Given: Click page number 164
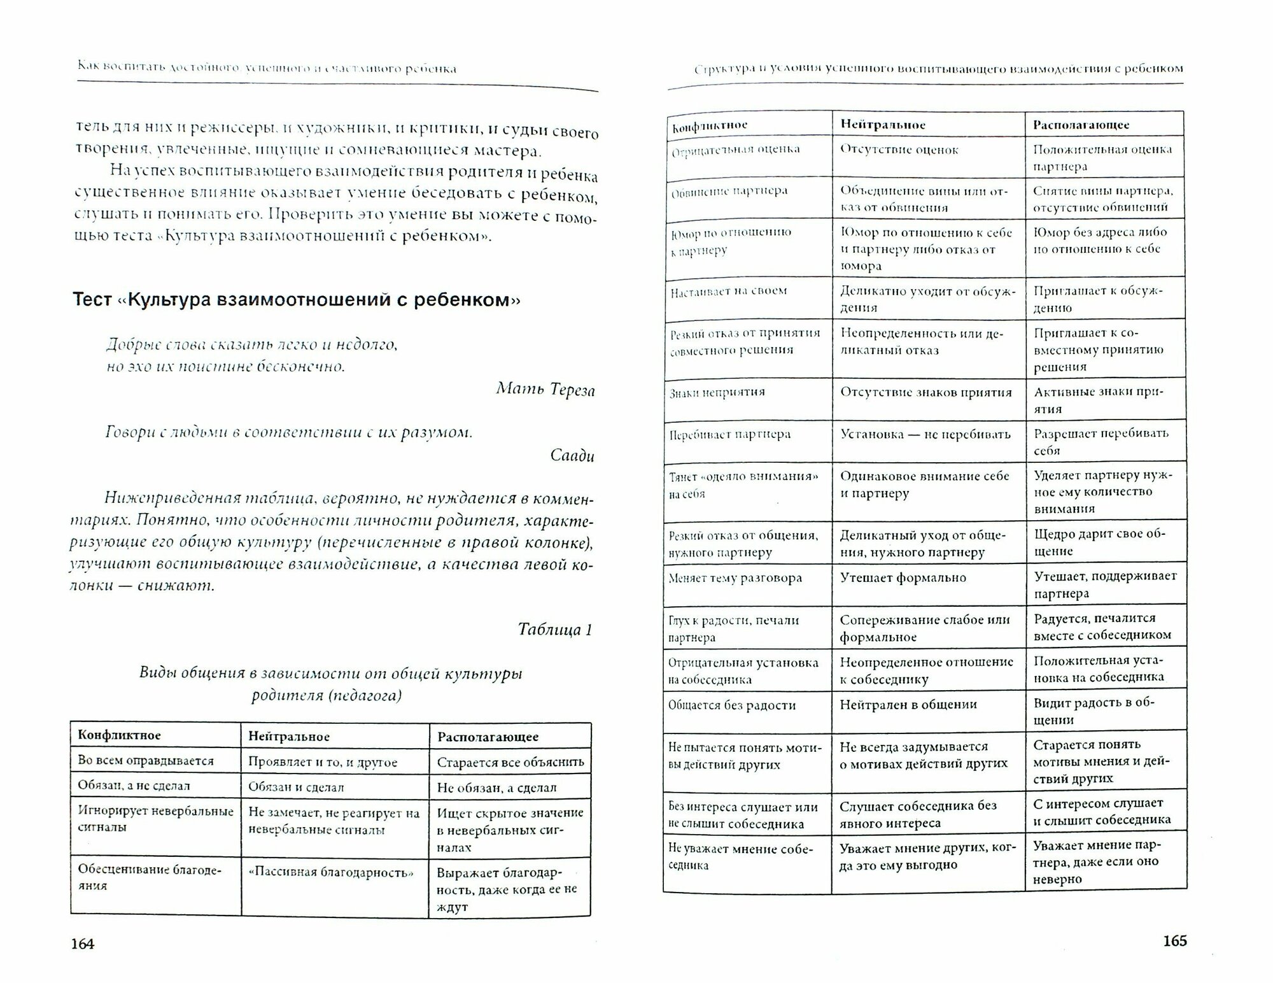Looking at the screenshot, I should pyautogui.click(x=83, y=944).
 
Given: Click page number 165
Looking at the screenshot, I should pyautogui.click(x=1174, y=940).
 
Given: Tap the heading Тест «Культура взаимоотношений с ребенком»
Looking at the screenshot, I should pyautogui.click(x=297, y=299).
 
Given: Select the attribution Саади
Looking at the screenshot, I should pyautogui.click(x=572, y=455).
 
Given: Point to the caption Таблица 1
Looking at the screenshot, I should pyautogui.click(x=555, y=630).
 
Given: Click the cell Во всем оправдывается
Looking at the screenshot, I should pyautogui.click(x=146, y=761).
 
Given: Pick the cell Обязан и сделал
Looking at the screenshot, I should pyautogui.click(x=296, y=787).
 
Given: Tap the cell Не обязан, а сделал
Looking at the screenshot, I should pyautogui.click(x=496, y=788).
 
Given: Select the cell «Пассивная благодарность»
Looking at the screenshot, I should pyautogui.click(x=331, y=872).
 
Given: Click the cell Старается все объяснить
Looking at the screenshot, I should pyautogui.click(x=510, y=762).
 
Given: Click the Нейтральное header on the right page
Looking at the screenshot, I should pyautogui.click(x=883, y=125).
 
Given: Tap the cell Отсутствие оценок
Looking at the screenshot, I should pyautogui.click(x=899, y=150).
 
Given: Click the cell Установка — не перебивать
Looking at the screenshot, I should pyautogui.click(x=925, y=434).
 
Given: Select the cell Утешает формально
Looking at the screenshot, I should pyautogui.click(x=903, y=578).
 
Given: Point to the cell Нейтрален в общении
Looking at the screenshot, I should pyautogui.click(x=908, y=705).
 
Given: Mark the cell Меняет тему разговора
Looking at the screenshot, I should pyautogui.click(x=735, y=579).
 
